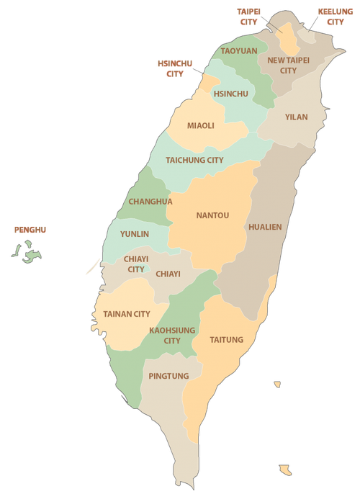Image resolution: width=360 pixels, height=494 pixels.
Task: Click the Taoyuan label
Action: point(238,51)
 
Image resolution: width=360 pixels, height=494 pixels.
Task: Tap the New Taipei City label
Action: point(288,66)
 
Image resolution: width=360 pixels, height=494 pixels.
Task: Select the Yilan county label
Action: point(296,117)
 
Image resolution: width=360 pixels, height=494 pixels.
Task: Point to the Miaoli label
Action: point(201,125)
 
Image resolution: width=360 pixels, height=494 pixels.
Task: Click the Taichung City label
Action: point(194,160)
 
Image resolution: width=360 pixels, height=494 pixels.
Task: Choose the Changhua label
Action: point(150,202)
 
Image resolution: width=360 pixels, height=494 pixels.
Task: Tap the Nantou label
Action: point(212,215)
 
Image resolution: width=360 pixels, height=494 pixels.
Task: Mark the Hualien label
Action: point(265,227)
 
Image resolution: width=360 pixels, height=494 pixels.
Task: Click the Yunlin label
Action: point(135,234)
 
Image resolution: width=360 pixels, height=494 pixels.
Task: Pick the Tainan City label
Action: point(127,314)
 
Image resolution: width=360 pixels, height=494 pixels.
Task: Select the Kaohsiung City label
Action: point(172,335)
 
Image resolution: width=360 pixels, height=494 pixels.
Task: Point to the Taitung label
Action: point(227,340)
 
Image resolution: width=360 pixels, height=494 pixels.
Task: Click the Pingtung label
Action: point(168,376)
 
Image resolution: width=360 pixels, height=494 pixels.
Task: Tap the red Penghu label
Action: point(30,230)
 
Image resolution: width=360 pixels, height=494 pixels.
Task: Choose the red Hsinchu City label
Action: point(175,68)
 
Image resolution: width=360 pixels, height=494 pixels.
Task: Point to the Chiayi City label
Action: point(136,264)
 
